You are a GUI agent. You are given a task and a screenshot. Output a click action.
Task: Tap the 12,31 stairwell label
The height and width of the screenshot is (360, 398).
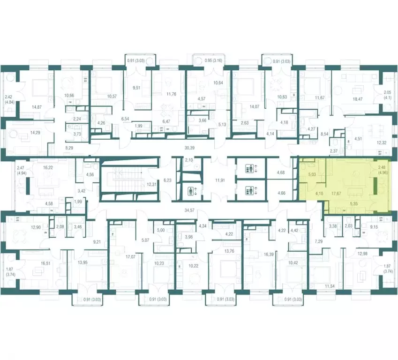[151, 185]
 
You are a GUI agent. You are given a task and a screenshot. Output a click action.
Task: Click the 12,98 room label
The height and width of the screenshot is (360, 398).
[362, 254]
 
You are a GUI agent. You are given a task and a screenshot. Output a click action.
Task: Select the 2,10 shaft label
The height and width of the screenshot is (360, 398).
[189, 160]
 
